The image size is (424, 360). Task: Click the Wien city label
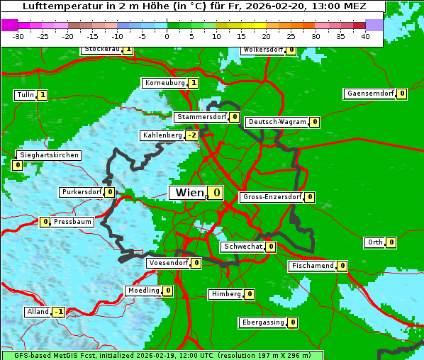pyautogui.click(x=189, y=193)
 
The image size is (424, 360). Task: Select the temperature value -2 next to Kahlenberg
pyautogui.click(x=191, y=135)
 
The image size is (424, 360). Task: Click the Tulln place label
pyautogui.click(x=25, y=95)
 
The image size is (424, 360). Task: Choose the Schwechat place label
pyautogui.click(x=242, y=247)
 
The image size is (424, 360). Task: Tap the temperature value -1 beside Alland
pyautogui.click(x=58, y=312)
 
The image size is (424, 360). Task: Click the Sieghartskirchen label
pyautogui.click(x=48, y=155)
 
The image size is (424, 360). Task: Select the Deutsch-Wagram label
pyautogui.click(x=277, y=122)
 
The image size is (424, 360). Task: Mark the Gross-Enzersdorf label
pyautogui.click(x=272, y=197)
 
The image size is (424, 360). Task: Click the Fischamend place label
pyautogui.click(x=311, y=266)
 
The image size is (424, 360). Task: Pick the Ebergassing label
pyautogui.click(x=262, y=322)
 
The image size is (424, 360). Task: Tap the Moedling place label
pyautogui.click(x=143, y=291)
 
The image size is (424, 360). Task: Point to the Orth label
pyautogui.click(x=374, y=242)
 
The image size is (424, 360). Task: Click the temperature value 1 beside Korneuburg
pyautogui.click(x=193, y=83)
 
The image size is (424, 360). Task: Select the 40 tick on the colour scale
pyautogui.click(x=365, y=36)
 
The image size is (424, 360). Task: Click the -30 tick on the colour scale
pyautogui.click(x=18, y=36)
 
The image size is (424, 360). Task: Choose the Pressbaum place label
pyautogui.click(x=72, y=222)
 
